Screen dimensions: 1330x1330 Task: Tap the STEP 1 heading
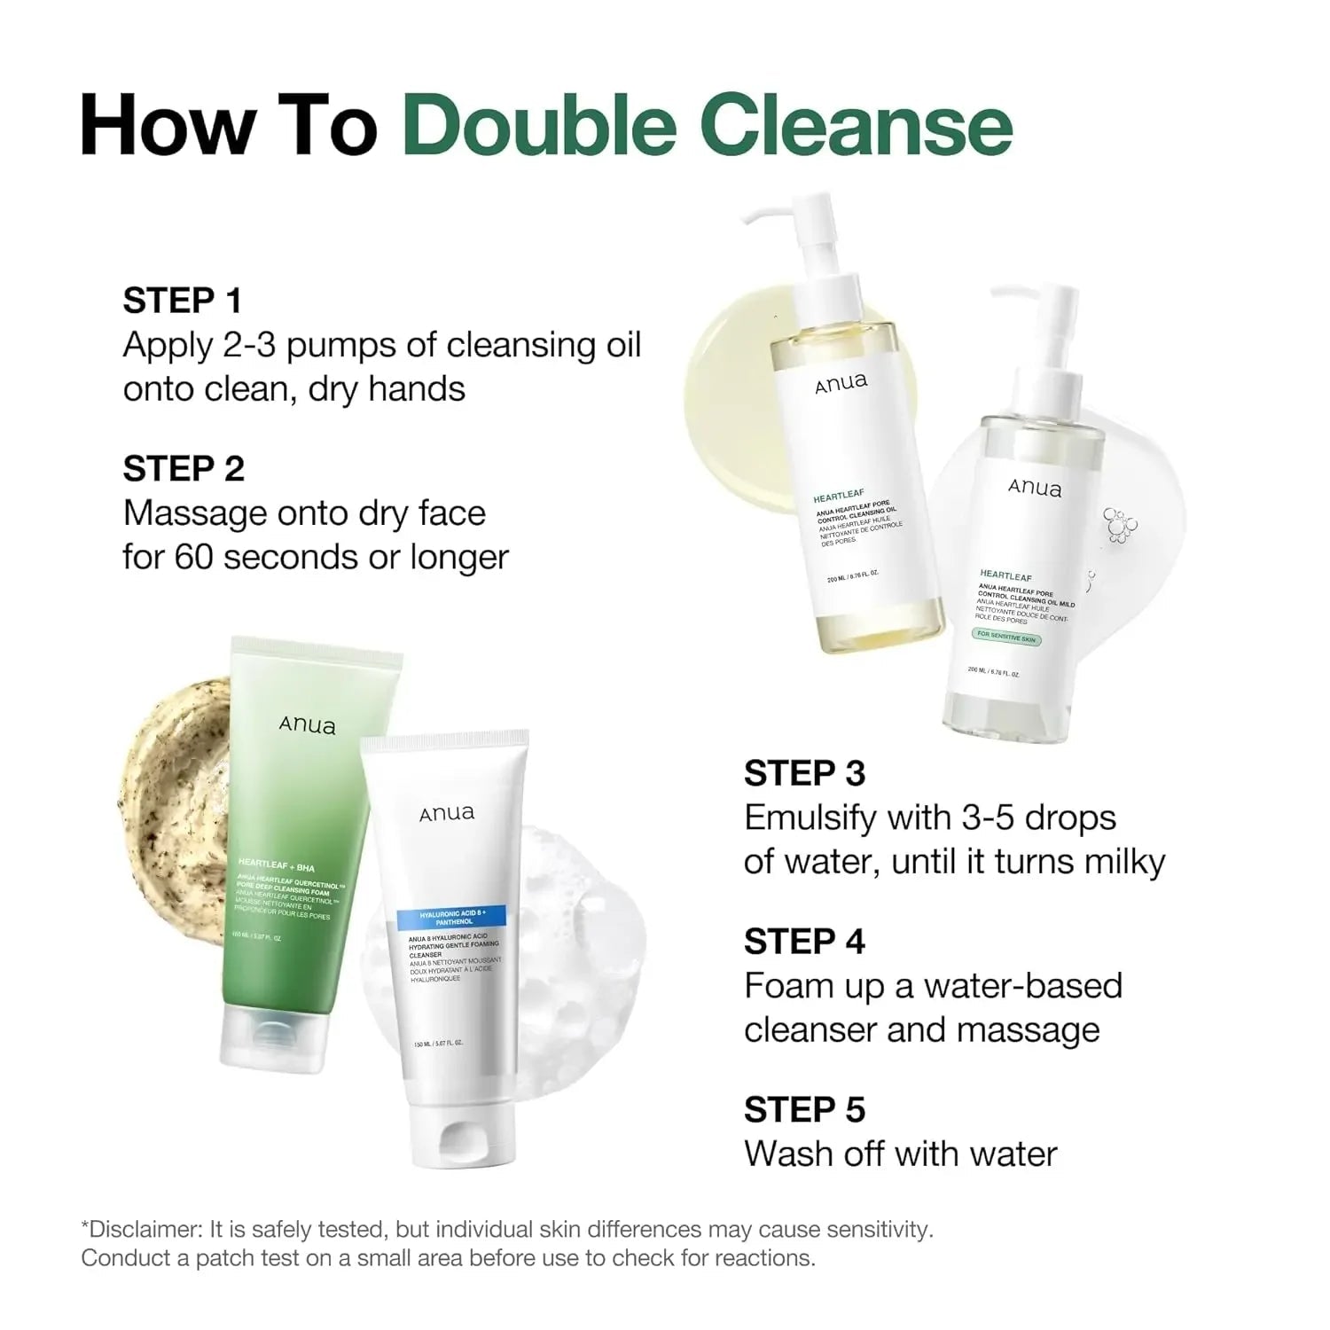(x=183, y=301)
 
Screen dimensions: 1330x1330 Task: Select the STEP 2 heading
(x=184, y=469)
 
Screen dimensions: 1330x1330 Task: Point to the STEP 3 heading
(x=804, y=773)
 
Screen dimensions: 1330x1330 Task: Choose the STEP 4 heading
(x=804, y=942)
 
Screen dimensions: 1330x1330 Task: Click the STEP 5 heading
(x=804, y=1110)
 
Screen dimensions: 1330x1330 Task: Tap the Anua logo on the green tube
(x=307, y=725)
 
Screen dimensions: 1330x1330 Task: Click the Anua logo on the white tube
(x=446, y=813)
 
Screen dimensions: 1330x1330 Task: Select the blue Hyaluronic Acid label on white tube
(x=450, y=917)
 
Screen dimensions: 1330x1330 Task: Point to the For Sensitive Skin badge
(x=1006, y=637)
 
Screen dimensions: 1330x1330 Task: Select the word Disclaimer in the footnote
(x=143, y=1230)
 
